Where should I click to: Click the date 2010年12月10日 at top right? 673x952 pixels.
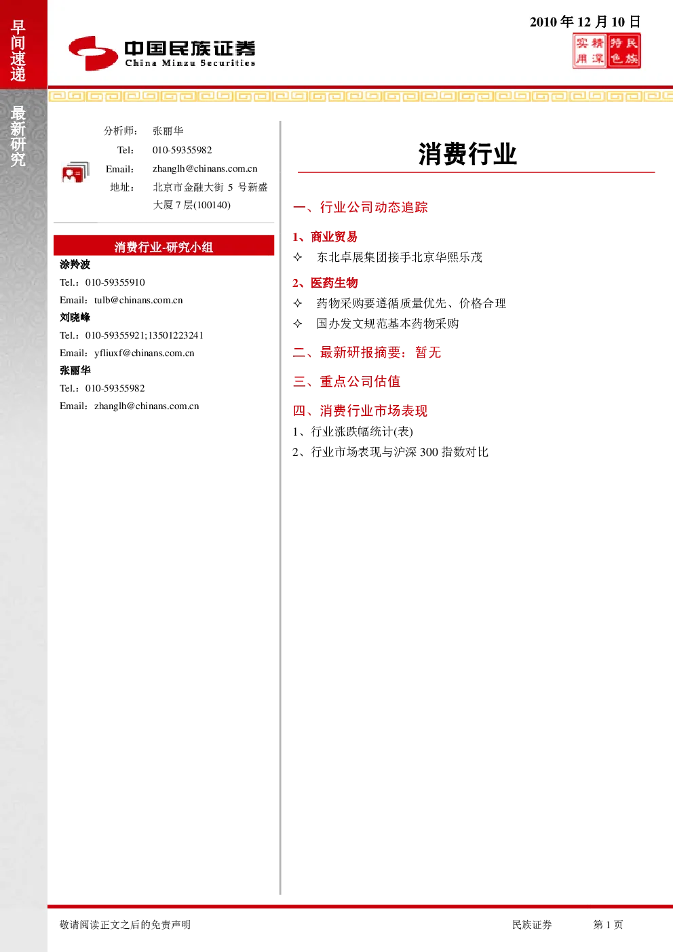585,22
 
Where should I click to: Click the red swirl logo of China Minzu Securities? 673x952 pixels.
93,53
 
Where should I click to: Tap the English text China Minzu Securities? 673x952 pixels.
190,63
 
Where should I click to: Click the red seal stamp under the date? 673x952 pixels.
607,51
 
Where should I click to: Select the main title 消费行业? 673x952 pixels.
467,154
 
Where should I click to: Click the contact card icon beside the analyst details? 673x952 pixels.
75,172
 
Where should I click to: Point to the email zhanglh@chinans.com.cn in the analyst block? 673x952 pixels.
205,169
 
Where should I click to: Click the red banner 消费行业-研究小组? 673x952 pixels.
164,245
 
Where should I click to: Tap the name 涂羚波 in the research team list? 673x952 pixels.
75,265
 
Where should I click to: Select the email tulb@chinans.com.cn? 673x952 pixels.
138,300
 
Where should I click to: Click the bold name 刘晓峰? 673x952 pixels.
75,317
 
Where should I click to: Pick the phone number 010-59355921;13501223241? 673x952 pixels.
145,335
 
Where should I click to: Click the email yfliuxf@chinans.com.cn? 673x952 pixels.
145,353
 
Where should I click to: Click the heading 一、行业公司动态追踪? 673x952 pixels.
360,207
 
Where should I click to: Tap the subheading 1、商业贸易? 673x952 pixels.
325,237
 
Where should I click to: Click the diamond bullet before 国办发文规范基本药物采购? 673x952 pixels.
298,324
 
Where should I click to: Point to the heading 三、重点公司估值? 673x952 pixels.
347,381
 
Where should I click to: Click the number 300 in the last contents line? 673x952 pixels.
429,452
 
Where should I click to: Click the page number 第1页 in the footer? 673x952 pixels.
608,924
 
